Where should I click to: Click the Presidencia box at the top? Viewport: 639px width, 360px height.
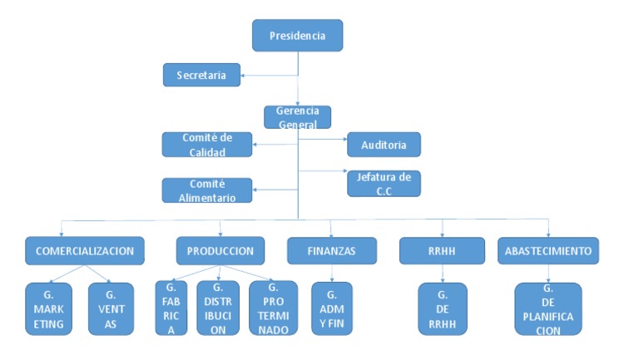pos(297,36)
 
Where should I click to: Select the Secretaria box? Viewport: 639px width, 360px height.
pos(201,75)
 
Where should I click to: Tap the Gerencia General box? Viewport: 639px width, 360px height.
pos(297,117)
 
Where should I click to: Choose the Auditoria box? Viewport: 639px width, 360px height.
pos(384,145)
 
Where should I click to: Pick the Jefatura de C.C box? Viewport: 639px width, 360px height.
pos(384,183)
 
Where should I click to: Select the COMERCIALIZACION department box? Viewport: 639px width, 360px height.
pos(85,249)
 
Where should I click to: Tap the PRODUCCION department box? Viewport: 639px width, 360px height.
pos(220,249)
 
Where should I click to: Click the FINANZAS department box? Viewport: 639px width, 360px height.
pos(331,251)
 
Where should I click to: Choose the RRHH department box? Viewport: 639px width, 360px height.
pos(442,250)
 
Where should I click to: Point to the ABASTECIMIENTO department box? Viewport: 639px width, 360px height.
pos(547,249)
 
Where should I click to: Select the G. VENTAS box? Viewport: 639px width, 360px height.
pos(111,308)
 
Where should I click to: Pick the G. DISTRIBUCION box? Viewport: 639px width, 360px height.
pos(218,308)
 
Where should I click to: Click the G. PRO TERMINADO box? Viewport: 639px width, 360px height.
pos(273,308)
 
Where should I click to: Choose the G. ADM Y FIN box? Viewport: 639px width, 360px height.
pos(332,308)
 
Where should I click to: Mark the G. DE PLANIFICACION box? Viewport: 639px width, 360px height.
pos(547,308)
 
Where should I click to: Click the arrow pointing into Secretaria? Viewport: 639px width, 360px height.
pos(246,76)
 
